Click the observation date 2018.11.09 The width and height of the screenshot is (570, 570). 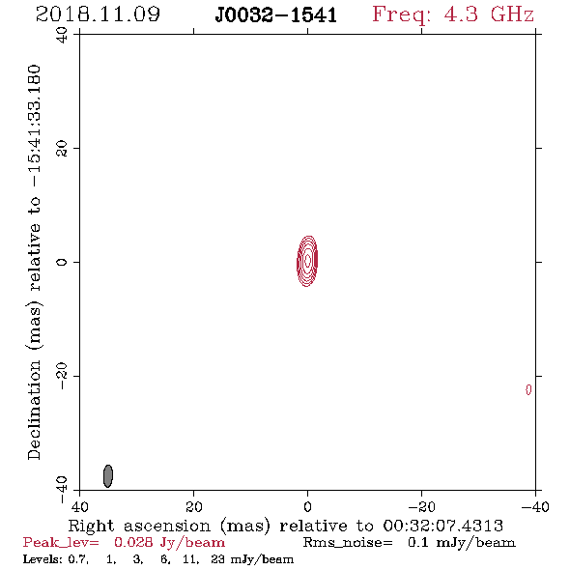click(98, 14)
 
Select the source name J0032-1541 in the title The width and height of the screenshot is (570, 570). click(276, 14)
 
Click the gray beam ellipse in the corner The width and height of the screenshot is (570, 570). click(108, 476)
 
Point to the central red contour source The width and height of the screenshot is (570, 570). click(307, 261)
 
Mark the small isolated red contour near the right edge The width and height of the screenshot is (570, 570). click(528, 389)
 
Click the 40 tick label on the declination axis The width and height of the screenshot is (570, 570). click(62, 35)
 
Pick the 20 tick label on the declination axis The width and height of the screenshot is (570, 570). click(62, 149)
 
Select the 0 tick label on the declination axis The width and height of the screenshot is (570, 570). click(62, 262)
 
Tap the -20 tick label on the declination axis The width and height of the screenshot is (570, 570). click(62, 376)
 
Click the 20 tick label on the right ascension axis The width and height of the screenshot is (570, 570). click(193, 507)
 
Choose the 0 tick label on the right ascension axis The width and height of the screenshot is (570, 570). click(307, 507)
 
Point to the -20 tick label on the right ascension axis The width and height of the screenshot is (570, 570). click(421, 507)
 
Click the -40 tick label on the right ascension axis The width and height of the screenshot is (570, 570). click(535, 507)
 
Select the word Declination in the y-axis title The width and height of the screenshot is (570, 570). click(34, 410)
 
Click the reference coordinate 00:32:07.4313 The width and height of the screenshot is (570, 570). click(442, 526)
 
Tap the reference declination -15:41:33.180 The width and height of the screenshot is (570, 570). click(34, 127)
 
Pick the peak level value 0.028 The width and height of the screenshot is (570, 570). click(133, 542)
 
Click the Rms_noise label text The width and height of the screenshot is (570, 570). click(348, 543)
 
